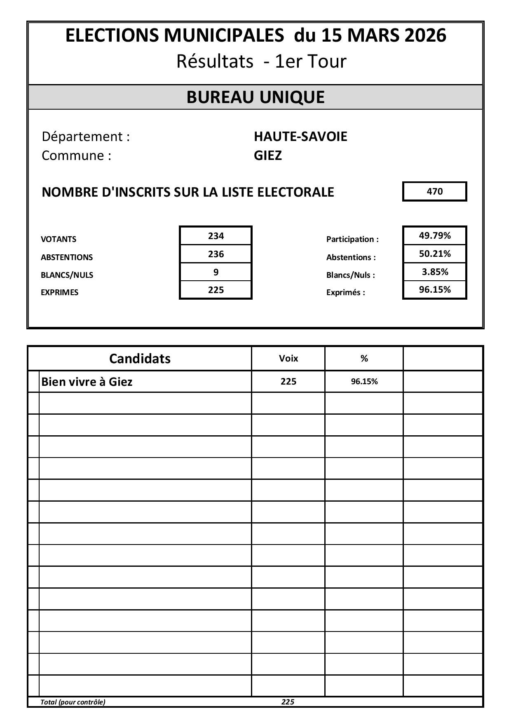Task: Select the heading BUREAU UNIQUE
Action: [x=255, y=97]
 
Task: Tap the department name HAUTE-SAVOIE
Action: [x=300, y=136]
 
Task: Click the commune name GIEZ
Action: [x=268, y=156]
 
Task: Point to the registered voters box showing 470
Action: [x=434, y=192]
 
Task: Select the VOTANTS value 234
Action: [x=216, y=236]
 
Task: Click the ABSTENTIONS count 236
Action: [x=216, y=254]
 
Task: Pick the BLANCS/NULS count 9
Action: [x=216, y=272]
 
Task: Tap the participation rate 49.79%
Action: [x=434, y=236]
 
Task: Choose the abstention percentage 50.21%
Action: [x=434, y=254]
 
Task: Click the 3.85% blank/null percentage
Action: [x=434, y=272]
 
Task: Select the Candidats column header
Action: [x=140, y=359]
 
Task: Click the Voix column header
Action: [x=288, y=359]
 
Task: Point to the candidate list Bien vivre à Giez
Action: [x=87, y=382]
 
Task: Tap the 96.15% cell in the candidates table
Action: [x=364, y=382]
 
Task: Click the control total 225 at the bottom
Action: [x=288, y=702]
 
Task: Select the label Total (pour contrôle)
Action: [x=73, y=702]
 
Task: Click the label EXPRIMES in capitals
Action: [x=59, y=293]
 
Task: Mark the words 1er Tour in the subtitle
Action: [x=311, y=61]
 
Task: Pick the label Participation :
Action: [x=352, y=239]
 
